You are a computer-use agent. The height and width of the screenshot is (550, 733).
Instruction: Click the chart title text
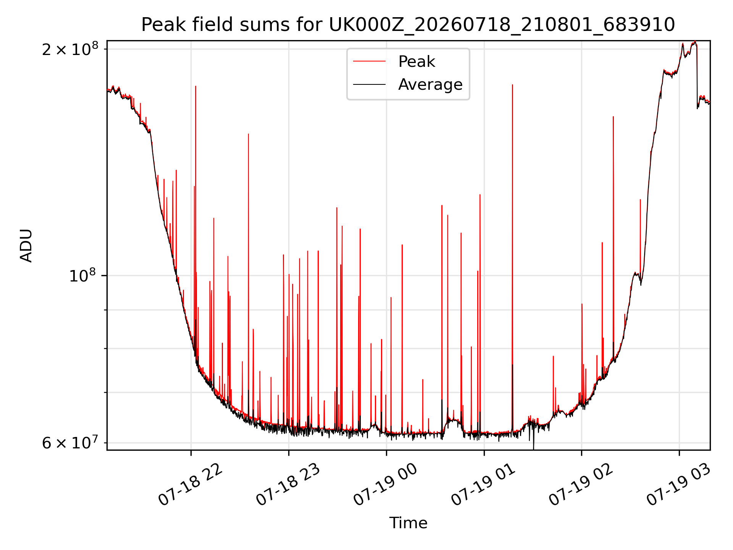(408, 25)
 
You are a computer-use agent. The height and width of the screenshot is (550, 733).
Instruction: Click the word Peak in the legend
(417, 61)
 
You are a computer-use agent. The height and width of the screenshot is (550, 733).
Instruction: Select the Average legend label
(430, 84)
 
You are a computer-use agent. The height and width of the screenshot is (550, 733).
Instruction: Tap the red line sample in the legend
(369, 61)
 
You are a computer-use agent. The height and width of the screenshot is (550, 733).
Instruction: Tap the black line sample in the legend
(369, 84)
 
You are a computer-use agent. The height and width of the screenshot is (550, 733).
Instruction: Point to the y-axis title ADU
(26, 246)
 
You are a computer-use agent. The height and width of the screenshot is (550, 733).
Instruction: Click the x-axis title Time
(408, 523)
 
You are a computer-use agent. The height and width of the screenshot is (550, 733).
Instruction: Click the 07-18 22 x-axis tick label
(190, 485)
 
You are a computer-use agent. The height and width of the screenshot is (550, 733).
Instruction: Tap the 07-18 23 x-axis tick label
(288, 485)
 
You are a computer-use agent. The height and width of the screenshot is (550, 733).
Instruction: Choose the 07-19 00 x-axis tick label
(386, 485)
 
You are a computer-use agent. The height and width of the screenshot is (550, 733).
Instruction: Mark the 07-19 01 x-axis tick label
(483, 485)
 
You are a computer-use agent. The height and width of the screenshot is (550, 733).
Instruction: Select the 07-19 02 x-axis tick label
(581, 485)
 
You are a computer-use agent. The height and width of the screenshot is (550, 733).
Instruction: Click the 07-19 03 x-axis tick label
(678, 485)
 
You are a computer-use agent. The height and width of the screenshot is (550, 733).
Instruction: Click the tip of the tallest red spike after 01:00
(512, 85)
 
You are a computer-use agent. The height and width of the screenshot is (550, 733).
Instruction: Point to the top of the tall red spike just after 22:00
(195, 86)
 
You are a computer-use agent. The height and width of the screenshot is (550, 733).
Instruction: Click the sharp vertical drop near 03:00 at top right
(697, 76)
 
